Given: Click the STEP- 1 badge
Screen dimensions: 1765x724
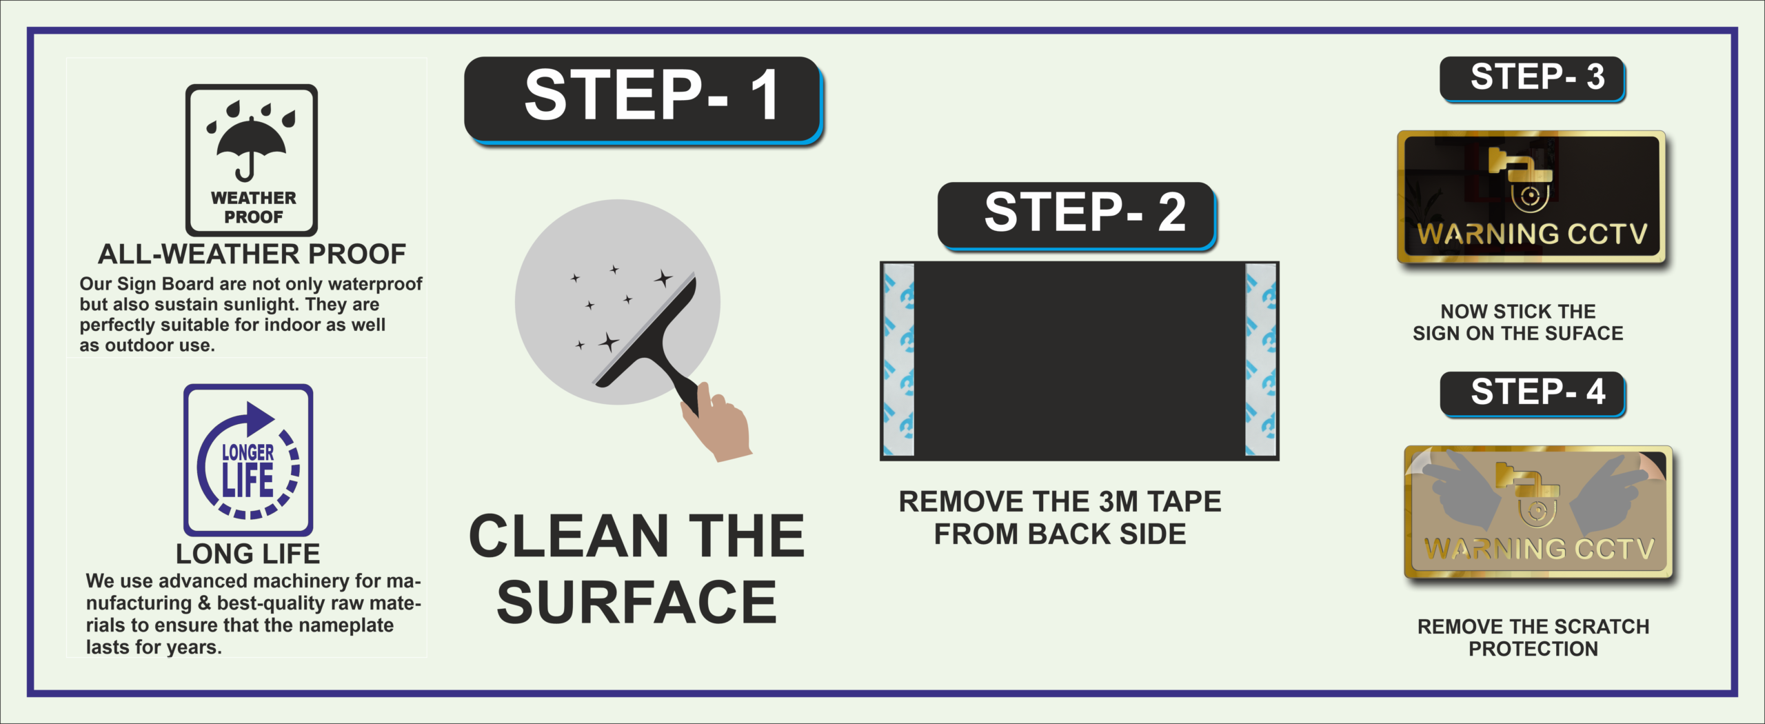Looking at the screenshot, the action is (x=643, y=101).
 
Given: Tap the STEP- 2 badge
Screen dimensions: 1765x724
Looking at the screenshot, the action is (x=1077, y=215).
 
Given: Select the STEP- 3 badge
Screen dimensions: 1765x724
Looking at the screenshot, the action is (x=1533, y=79).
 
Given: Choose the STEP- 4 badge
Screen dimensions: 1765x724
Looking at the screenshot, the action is (x=1533, y=394).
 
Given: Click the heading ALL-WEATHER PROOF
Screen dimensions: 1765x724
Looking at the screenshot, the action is (x=252, y=254).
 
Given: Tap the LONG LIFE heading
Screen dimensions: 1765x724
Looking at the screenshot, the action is (x=248, y=554).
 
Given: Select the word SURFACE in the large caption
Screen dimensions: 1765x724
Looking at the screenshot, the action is (x=637, y=602).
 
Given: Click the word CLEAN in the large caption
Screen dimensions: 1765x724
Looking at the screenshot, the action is (x=568, y=536).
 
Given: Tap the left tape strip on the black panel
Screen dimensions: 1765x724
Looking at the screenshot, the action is (x=899, y=360).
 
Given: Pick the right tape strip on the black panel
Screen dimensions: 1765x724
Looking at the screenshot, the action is (x=1260, y=360).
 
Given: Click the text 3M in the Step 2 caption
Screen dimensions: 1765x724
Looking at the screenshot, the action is (x=1118, y=502).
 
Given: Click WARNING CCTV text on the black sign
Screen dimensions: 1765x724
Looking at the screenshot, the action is (x=1532, y=234).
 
